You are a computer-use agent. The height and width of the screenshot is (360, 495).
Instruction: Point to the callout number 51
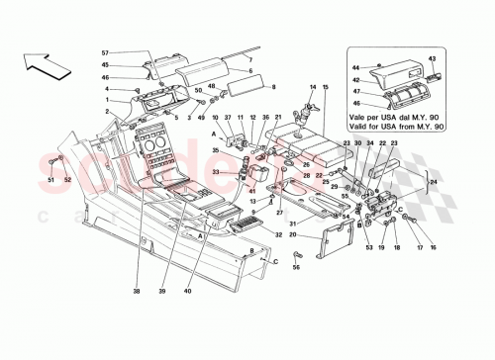coord(49,179)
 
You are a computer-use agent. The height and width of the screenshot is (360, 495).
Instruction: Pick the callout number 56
coord(296,266)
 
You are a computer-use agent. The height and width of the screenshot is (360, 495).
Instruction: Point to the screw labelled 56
coord(296,253)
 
